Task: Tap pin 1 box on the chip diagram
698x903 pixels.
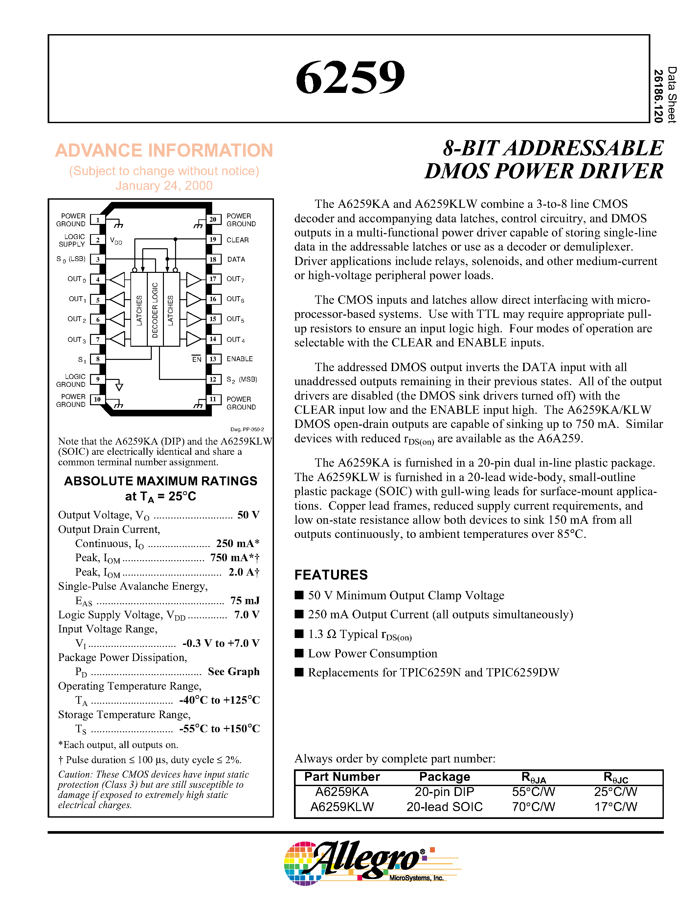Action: pyautogui.click(x=98, y=220)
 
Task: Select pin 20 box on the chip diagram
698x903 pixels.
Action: pyautogui.click(x=213, y=220)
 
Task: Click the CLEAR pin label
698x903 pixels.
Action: pyautogui.click(x=237, y=240)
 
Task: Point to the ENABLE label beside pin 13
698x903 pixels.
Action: pyautogui.click(x=239, y=359)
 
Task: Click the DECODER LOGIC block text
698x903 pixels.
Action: pyautogui.click(x=155, y=310)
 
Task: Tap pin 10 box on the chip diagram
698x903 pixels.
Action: pyautogui.click(x=98, y=399)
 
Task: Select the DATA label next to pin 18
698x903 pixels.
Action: pyautogui.click(x=236, y=259)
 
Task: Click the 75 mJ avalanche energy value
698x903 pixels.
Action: pyautogui.click(x=245, y=600)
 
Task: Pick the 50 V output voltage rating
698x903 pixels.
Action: pyautogui.click(x=248, y=515)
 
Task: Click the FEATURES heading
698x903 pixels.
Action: pyautogui.click(x=331, y=575)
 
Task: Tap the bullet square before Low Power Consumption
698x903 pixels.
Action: pyautogui.click(x=299, y=653)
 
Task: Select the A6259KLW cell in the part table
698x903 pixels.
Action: pyautogui.click(x=342, y=807)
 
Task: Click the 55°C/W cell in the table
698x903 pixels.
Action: pyautogui.click(x=533, y=792)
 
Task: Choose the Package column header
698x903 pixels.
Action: pyautogui.click(x=444, y=777)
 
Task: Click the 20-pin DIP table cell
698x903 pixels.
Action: pyautogui.click(x=444, y=792)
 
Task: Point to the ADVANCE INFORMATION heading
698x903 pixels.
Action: pyautogui.click(x=164, y=150)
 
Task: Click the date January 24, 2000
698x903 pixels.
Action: pyautogui.click(x=164, y=186)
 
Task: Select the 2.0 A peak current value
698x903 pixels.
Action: pyautogui.click(x=244, y=572)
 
